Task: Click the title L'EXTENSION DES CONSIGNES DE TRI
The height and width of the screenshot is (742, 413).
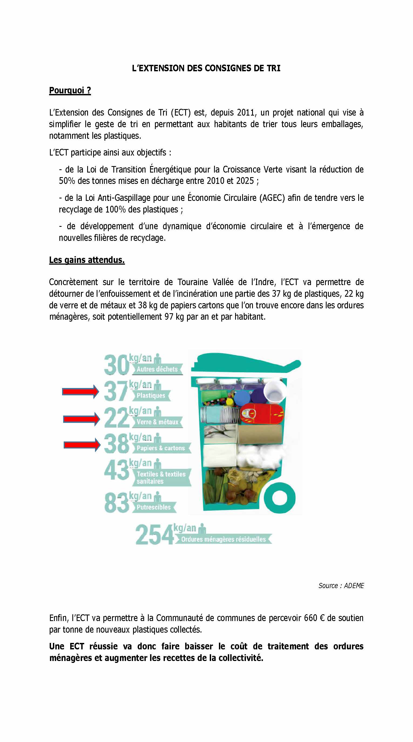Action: coord(206,68)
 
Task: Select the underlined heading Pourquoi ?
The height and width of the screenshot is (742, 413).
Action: coord(70,90)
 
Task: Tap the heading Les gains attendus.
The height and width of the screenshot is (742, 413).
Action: coord(87,260)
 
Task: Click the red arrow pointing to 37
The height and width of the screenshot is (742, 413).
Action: coord(80,392)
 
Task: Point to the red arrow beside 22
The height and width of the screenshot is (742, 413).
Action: coord(81,419)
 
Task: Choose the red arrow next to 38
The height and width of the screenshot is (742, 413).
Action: coord(82,445)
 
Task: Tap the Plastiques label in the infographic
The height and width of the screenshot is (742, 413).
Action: coord(151,396)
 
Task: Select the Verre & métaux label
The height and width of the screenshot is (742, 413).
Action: coord(157,422)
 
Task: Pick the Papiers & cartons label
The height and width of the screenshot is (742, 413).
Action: coord(161,448)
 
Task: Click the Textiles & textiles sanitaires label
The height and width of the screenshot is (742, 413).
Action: coord(161,478)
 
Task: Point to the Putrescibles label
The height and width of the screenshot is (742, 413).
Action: coord(154,507)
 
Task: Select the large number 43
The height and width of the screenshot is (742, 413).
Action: coord(117,470)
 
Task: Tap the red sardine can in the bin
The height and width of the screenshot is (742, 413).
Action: coord(262,414)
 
